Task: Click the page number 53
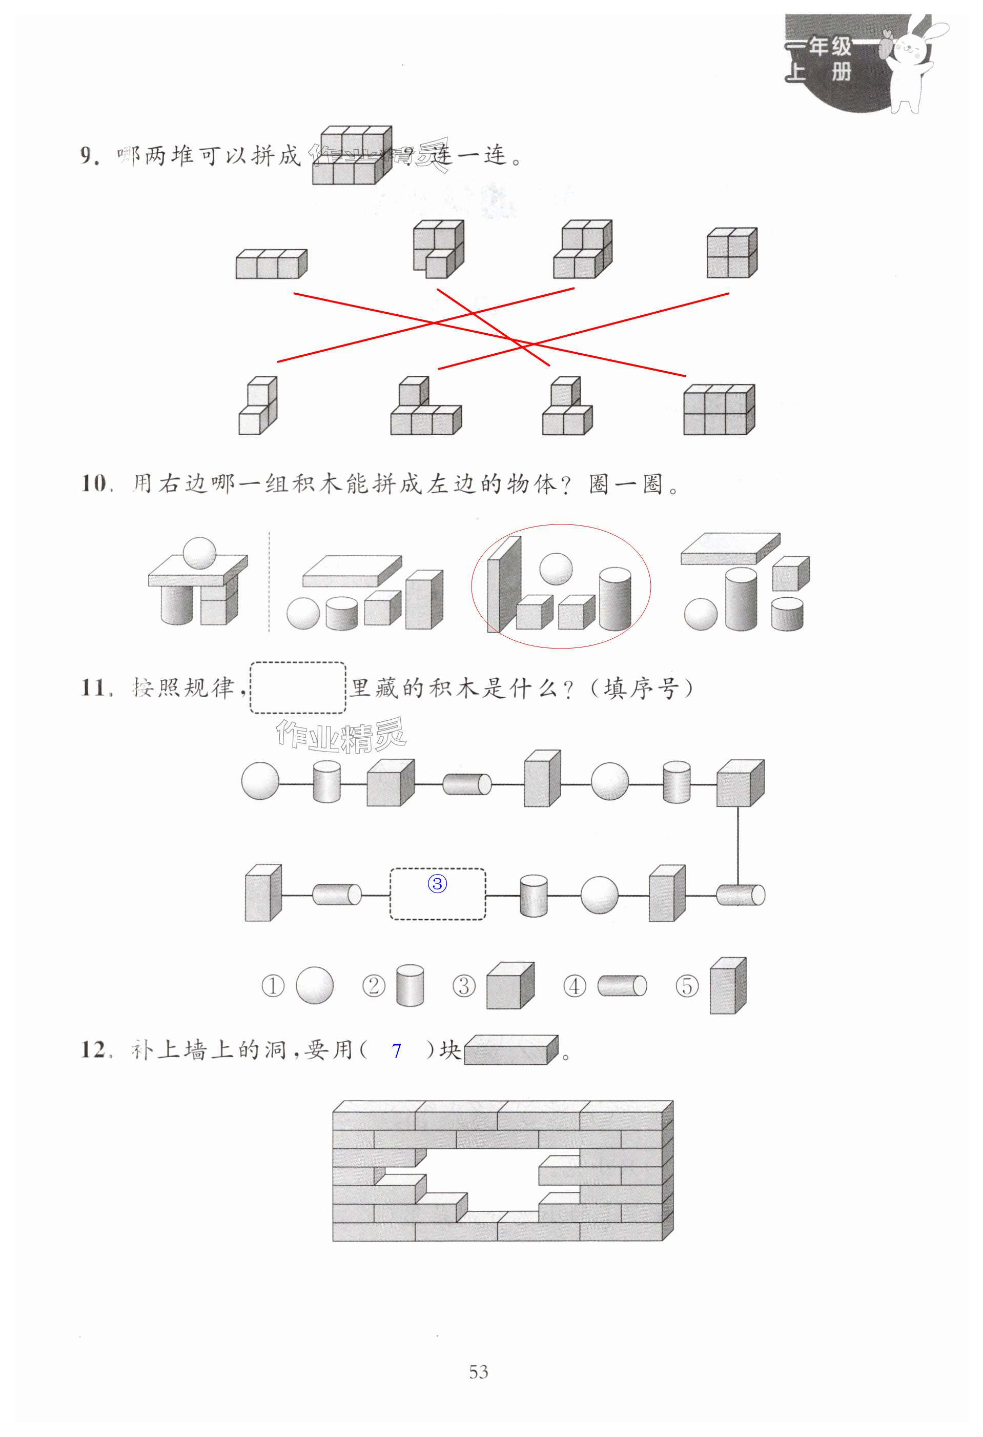click(x=479, y=1371)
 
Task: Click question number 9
click(x=90, y=155)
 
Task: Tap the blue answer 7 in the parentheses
click(x=396, y=1050)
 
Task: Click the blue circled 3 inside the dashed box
click(x=437, y=884)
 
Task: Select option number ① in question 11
click(x=273, y=986)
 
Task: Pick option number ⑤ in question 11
click(x=686, y=986)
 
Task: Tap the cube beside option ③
click(x=510, y=986)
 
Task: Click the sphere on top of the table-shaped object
click(x=200, y=552)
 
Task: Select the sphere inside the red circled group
click(x=556, y=568)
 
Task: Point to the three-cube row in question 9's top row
click(x=271, y=265)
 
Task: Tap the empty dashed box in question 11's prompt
click(x=297, y=687)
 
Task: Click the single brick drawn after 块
click(x=510, y=1050)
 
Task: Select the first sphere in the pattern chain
click(x=260, y=781)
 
